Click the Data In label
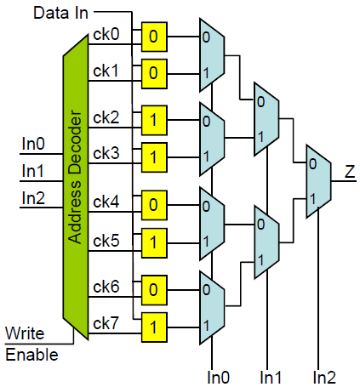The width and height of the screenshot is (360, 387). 60,13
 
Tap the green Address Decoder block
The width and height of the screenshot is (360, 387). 76,187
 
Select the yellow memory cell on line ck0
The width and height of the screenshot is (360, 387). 154,37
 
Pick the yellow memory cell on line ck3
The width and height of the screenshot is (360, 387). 154,157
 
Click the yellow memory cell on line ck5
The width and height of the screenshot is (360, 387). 154,243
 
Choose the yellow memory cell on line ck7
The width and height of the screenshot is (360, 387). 154,327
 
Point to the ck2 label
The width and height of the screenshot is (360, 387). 106,117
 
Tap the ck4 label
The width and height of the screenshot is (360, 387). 106,202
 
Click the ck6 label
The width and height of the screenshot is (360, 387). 106,287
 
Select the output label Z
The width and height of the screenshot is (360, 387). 350,172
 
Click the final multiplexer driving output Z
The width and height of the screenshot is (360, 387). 318,181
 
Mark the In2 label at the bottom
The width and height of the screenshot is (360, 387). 324,378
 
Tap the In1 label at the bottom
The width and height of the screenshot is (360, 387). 271,378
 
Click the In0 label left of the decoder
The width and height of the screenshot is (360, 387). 33,144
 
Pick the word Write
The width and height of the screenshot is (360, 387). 25,333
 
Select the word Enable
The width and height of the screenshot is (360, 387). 31,355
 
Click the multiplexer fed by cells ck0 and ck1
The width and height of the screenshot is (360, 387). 212,55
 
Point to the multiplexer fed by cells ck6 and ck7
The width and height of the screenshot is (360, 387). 212,308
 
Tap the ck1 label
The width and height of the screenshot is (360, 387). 106,71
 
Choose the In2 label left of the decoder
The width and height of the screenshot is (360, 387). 33,198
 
